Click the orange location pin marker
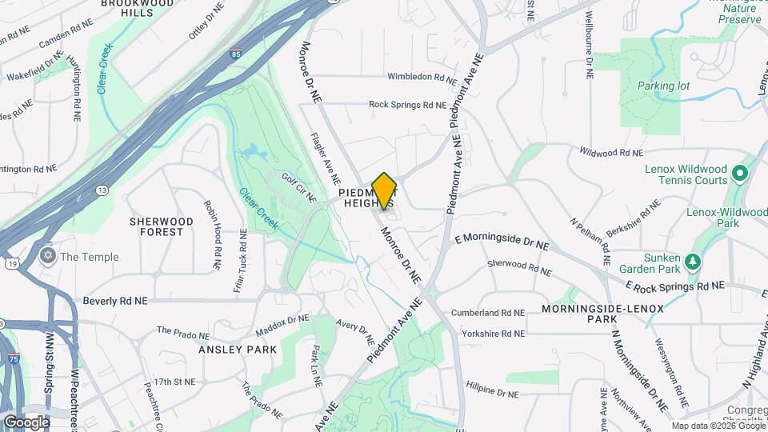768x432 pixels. click(x=385, y=190)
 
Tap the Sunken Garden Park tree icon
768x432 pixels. click(x=694, y=261)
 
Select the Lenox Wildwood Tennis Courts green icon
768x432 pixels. click(x=740, y=173)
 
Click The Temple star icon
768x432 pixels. click(x=47, y=257)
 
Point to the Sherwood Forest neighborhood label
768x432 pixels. click(x=162, y=226)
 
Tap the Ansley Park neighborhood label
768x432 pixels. click(x=239, y=350)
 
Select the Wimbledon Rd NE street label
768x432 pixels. click(x=422, y=78)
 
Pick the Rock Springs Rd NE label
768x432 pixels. click(x=407, y=104)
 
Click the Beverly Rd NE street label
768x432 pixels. click(x=115, y=302)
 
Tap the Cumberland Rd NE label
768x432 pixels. click(x=488, y=313)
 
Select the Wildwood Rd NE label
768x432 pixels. click(x=610, y=152)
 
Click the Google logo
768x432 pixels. click(x=26, y=422)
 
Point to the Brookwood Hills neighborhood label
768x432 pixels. click(x=137, y=8)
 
